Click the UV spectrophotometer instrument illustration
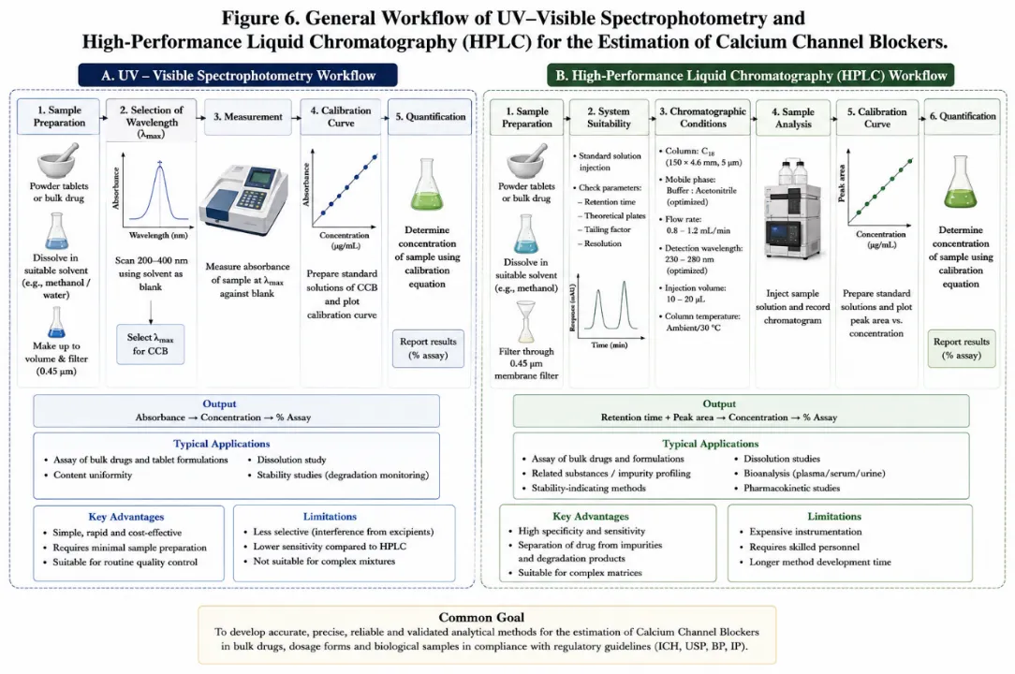pos(243,200)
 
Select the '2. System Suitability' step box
pos(609,117)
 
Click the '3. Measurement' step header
pos(248,116)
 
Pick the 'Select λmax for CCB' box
pos(150,344)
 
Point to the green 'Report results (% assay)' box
pos(962,348)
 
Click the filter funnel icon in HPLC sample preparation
pos(525,322)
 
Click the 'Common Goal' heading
pos(481,617)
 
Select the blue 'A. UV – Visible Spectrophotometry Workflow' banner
pos(238,75)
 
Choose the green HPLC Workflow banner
pos(750,75)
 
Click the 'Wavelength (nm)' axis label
pos(158,235)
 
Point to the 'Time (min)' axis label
pos(609,345)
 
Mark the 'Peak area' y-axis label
pos(842,183)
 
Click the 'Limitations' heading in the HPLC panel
pos(833,516)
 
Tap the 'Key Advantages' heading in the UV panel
pos(126,517)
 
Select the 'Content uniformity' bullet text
pos(93,475)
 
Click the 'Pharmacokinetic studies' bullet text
pos(791,488)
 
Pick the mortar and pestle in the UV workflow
pos(58,161)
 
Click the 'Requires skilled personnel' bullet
pos(804,547)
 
